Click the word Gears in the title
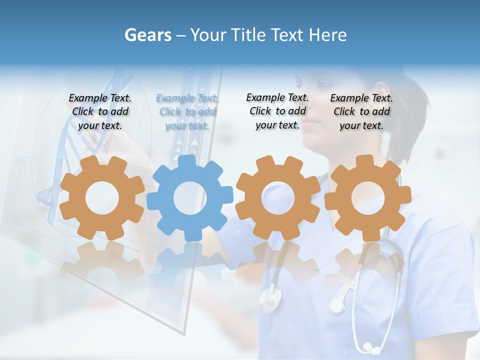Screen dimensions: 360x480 [148, 35]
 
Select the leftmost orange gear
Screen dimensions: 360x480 [102, 198]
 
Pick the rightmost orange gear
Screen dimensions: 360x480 [367, 198]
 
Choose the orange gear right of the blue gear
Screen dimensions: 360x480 [278, 198]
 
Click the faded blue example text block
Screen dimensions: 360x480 [187, 112]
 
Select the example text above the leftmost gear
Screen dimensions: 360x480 [100, 112]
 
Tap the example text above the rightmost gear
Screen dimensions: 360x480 [361, 112]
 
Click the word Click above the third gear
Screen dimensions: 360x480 [260, 111]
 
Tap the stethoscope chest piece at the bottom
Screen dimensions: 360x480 [371, 346]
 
